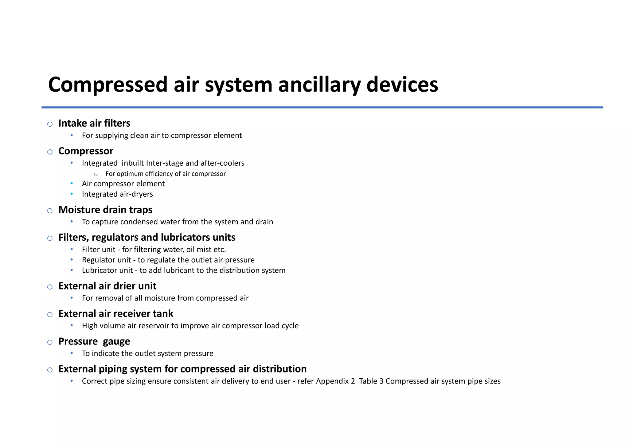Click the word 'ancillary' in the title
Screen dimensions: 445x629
click(319, 85)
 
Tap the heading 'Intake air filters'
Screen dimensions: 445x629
click(94, 124)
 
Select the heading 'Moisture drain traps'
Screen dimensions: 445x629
click(105, 210)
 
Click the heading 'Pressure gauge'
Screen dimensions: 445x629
click(94, 341)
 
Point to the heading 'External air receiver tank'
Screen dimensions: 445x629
click(116, 314)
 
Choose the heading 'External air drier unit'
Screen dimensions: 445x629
click(107, 286)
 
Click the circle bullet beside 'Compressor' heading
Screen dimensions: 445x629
click(50, 152)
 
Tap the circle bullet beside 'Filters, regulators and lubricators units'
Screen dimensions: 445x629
click(50, 238)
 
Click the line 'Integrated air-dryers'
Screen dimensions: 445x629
click(117, 194)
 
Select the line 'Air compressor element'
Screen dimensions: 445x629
click(123, 184)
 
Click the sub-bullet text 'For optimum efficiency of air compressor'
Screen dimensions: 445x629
click(166, 174)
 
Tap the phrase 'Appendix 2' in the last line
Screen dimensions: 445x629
click(335, 381)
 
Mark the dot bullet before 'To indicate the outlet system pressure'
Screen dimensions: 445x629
click(72, 353)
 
